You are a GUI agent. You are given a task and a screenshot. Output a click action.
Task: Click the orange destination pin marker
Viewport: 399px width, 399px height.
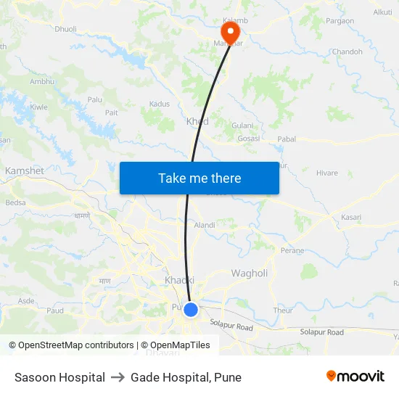[230, 30]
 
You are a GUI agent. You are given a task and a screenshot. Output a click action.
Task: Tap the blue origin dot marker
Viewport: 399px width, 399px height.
[191, 310]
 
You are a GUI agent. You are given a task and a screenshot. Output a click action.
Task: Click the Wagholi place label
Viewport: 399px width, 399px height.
[249, 273]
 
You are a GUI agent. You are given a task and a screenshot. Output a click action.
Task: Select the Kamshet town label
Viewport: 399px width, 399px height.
[25, 170]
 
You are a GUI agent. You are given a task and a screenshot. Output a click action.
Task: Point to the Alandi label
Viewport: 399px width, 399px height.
[205, 225]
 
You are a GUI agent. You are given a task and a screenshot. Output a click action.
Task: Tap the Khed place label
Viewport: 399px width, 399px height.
[197, 121]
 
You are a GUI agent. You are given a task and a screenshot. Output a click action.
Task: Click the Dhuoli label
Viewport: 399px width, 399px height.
[65, 30]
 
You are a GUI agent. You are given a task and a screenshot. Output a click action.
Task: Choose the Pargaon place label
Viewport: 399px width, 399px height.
[340, 21]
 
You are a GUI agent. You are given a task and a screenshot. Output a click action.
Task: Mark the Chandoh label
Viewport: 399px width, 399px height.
[347, 52]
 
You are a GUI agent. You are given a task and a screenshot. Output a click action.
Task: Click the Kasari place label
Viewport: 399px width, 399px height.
[351, 217]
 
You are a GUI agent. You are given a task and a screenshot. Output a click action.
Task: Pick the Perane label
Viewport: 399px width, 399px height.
[292, 250]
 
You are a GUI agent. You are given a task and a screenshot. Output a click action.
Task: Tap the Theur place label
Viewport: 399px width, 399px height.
[283, 310]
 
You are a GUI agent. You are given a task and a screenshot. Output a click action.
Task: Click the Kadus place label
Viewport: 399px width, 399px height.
[159, 104]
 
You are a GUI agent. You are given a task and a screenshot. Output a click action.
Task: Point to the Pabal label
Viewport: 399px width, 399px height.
[287, 138]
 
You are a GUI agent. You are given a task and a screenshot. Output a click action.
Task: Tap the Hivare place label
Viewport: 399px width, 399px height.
[327, 173]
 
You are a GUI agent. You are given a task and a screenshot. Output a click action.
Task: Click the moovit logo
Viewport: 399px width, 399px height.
[355, 377]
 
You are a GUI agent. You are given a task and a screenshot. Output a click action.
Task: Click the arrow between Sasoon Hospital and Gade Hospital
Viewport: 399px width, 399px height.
[118, 377]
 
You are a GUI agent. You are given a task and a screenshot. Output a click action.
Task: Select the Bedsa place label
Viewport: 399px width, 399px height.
[15, 202]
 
